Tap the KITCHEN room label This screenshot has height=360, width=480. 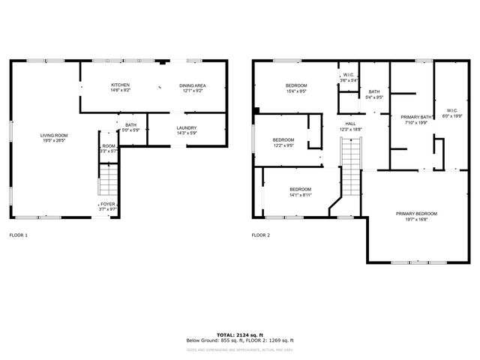coord(121,85)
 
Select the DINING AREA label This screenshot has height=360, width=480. coord(192,85)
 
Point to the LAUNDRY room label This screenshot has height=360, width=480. coord(187,127)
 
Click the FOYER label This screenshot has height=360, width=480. coord(109,204)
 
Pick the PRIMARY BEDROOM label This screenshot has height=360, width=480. coord(416,214)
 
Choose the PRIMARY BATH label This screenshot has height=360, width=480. coord(415,117)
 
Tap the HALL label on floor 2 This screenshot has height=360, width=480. coord(350,124)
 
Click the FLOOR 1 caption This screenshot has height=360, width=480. coord(19,235)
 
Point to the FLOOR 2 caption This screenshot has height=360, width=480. coord(261,235)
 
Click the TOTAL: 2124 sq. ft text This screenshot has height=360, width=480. coord(239,334)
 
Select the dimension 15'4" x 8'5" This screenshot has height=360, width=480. coord(296,91)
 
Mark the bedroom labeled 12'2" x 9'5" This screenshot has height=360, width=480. coord(283,142)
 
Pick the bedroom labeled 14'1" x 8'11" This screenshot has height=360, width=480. coord(300,191)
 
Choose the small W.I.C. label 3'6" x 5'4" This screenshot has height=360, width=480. coord(348,76)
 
